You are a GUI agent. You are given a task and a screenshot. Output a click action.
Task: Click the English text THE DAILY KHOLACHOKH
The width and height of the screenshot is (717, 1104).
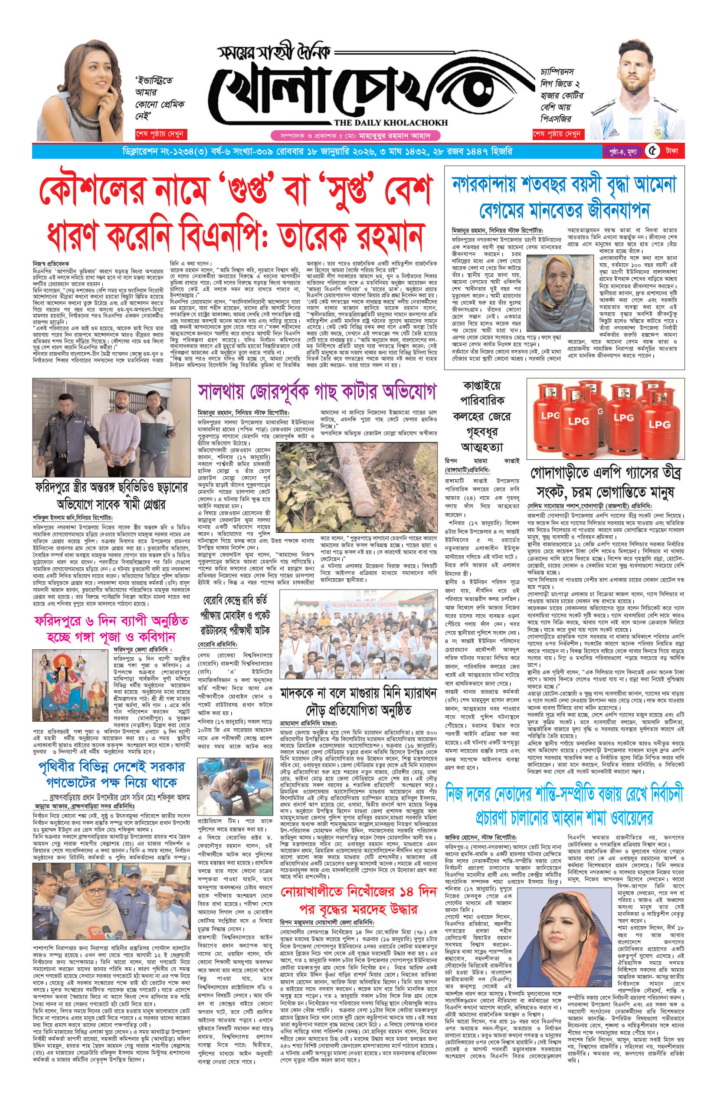(x=390, y=122)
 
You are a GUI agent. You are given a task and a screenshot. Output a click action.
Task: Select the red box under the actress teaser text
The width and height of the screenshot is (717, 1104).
(x=160, y=134)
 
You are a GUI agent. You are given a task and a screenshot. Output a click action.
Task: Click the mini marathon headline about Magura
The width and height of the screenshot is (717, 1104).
(x=358, y=701)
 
